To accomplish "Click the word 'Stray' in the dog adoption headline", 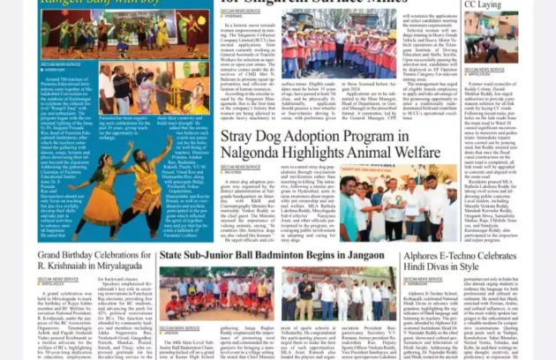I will coord(238,137).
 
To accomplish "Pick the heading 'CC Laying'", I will coord(483,4).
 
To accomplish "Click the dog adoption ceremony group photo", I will coord(397,203).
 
